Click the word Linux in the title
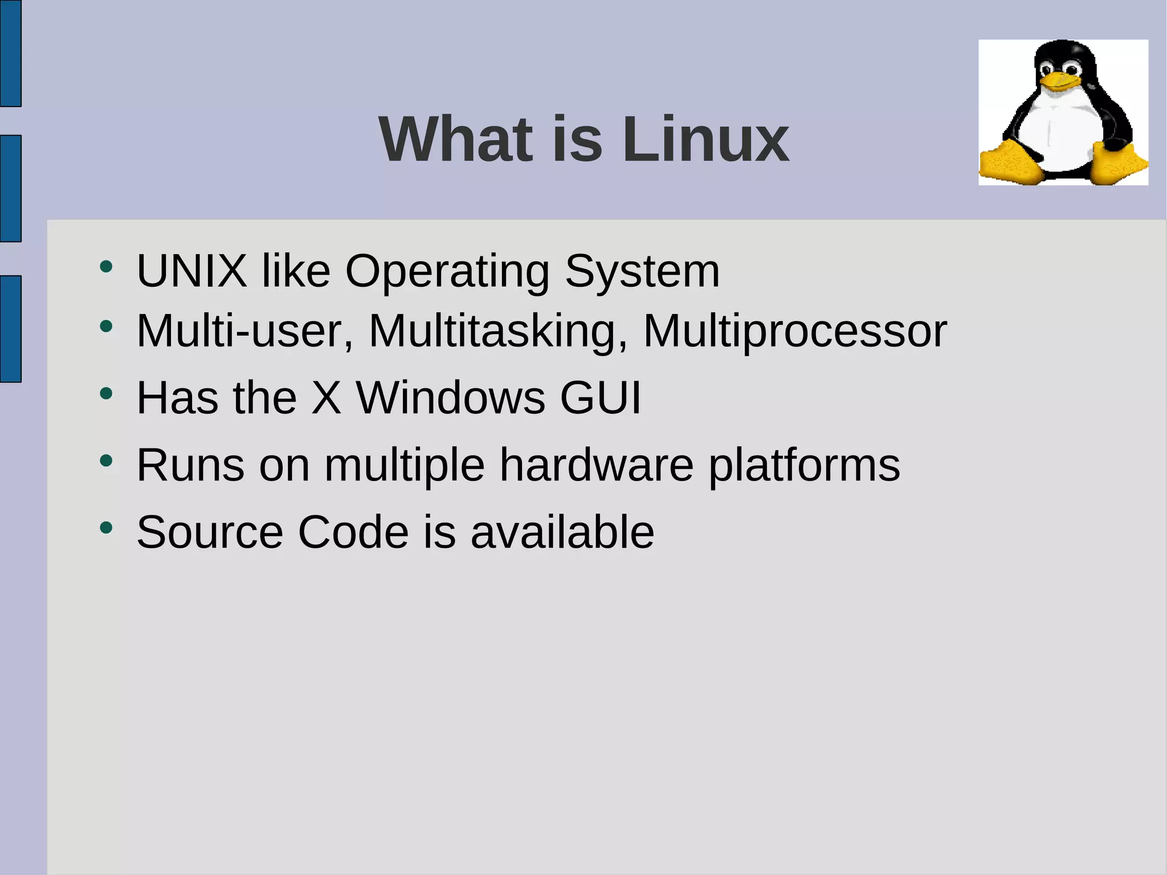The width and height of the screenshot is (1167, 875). coord(705,140)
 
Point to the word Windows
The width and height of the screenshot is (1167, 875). coord(451,397)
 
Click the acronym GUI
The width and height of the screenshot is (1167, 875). coord(601,397)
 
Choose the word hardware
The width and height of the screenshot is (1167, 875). coord(597,465)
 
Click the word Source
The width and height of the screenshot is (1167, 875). coord(210,532)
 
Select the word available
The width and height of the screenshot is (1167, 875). coord(562,532)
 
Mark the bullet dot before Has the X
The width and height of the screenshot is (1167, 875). coord(106,393)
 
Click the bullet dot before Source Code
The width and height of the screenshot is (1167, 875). coord(106,528)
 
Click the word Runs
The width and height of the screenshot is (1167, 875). coord(191,465)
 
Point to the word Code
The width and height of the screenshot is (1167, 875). coord(353,532)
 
